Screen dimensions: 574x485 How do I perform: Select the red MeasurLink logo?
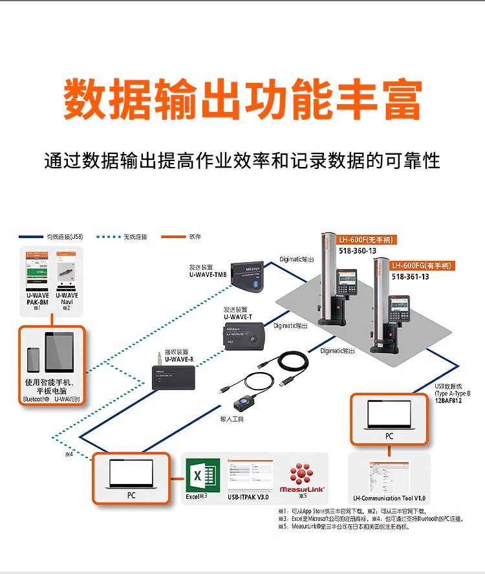point(301,476)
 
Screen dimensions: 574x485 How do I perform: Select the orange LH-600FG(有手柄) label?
point(422,265)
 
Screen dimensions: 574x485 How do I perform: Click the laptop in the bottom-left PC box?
point(131,474)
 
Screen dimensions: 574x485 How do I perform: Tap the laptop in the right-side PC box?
point(389,415)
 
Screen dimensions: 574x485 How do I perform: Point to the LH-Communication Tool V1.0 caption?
point(389,498)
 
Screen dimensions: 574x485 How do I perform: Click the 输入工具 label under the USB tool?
point(232,420)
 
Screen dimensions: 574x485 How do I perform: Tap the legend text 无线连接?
point(135,237)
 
